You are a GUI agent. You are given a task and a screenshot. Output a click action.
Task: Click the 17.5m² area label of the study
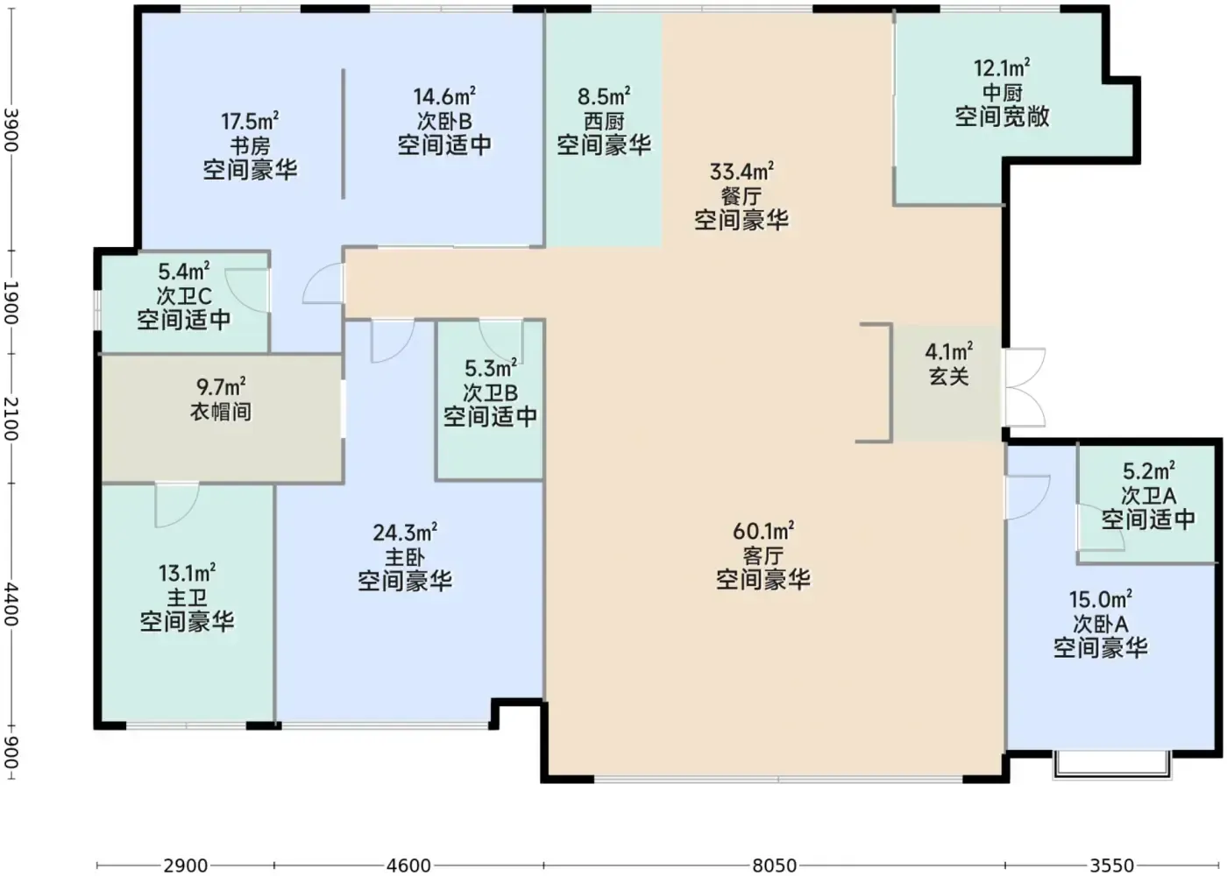250,121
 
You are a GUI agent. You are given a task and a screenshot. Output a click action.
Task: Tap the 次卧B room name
444,121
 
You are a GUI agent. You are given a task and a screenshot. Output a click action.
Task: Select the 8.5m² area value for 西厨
604,96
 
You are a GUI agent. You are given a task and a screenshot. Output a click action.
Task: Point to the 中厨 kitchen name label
1003,93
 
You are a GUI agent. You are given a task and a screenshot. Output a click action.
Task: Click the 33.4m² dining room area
741,172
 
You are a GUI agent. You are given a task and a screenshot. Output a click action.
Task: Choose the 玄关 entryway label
949,376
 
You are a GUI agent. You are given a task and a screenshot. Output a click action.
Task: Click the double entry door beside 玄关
1025,387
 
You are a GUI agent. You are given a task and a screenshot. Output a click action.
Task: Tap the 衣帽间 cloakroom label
221,412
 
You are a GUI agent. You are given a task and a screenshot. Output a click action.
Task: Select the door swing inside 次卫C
246,291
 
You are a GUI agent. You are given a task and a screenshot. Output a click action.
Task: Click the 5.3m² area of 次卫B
491,369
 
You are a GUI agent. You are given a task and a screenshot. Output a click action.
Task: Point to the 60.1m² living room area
763,531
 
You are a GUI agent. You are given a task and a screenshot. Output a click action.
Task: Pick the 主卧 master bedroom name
405,557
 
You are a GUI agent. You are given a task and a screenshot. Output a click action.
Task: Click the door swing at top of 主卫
177,505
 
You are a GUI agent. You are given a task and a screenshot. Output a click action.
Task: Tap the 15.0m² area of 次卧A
1101,599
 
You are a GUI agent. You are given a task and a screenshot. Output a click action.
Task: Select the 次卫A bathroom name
1148,496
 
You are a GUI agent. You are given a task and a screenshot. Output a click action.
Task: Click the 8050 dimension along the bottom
774,865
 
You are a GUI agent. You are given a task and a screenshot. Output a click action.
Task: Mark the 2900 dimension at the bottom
186,865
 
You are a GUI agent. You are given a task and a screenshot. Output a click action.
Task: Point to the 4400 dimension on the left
11,604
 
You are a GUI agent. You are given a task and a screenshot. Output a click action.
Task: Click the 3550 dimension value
1112,865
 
